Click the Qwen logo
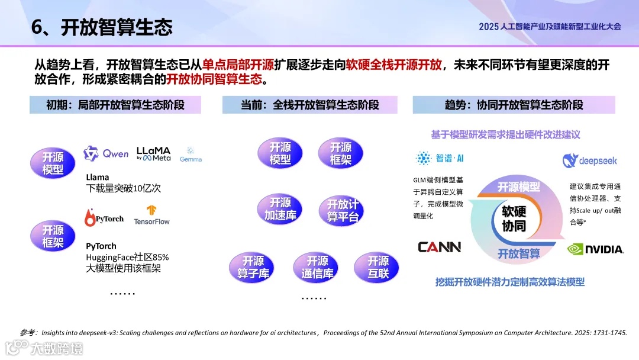pos(106,154)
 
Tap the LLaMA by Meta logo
pos(153,154)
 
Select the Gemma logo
pos(191,155)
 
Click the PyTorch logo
pos(104,218)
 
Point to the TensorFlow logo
pos(151,215)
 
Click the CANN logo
pos(439,247)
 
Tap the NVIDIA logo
pos(595,249)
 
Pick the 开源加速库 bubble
pos(280,209)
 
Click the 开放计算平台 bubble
pos(343,211)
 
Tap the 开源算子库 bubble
pos(251,268)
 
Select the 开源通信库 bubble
pos(316,268)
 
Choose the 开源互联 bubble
pos(377,268)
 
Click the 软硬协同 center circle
pos(514,219)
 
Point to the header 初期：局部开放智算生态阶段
pos(115,105)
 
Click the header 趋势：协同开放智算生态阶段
pos(514,105)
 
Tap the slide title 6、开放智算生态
pos(102,27)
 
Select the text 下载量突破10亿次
pos(123,188)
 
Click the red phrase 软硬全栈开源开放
pos(393,65)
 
